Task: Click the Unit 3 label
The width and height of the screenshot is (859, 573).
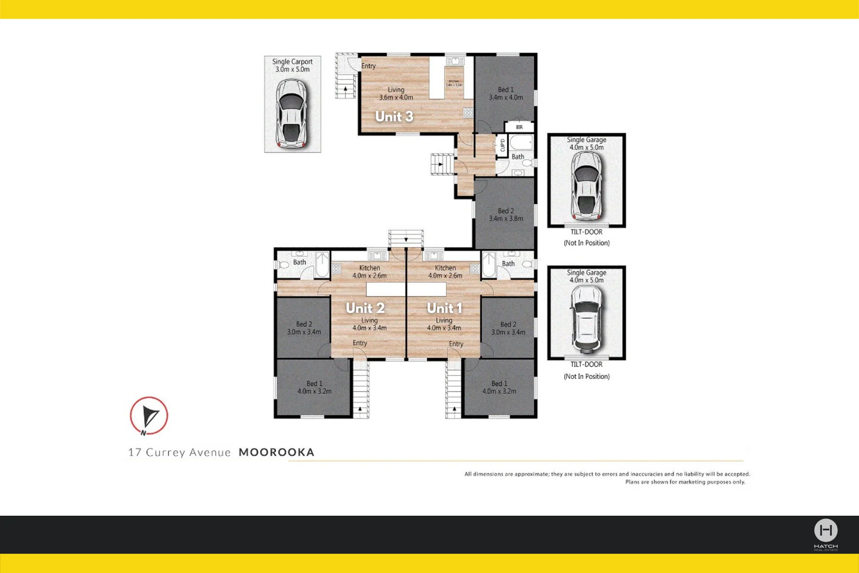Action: (394, 117)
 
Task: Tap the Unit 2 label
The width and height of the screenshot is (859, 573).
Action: (365, 308)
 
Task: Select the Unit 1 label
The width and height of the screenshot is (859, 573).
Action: (444, 308)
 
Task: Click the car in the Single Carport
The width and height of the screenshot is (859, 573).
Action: (292, 113)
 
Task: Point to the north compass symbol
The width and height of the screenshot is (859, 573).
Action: (149, 416)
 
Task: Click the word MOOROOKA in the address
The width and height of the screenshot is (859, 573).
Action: (276, 452)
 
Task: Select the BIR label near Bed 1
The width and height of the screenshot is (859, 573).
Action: (519, 127)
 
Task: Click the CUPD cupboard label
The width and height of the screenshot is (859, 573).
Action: (502, 145)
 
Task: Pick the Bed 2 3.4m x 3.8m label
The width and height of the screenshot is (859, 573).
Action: (506, 215)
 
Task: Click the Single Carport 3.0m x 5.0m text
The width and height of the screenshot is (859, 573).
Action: (292, 65)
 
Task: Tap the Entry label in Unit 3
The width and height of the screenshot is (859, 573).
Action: (369, 66)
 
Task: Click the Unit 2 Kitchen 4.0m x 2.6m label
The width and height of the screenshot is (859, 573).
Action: (370, 272)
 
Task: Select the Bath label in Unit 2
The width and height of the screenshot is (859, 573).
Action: (300, 262)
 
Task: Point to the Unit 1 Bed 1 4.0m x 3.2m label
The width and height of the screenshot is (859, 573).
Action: (499, 387)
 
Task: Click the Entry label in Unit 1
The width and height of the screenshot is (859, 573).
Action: (456, 344)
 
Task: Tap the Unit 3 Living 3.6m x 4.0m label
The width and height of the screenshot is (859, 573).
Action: (396, 93)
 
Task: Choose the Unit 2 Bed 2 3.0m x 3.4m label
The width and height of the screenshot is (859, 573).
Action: (304, 328)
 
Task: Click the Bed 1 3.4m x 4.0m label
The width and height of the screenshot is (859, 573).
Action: (506, 93)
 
